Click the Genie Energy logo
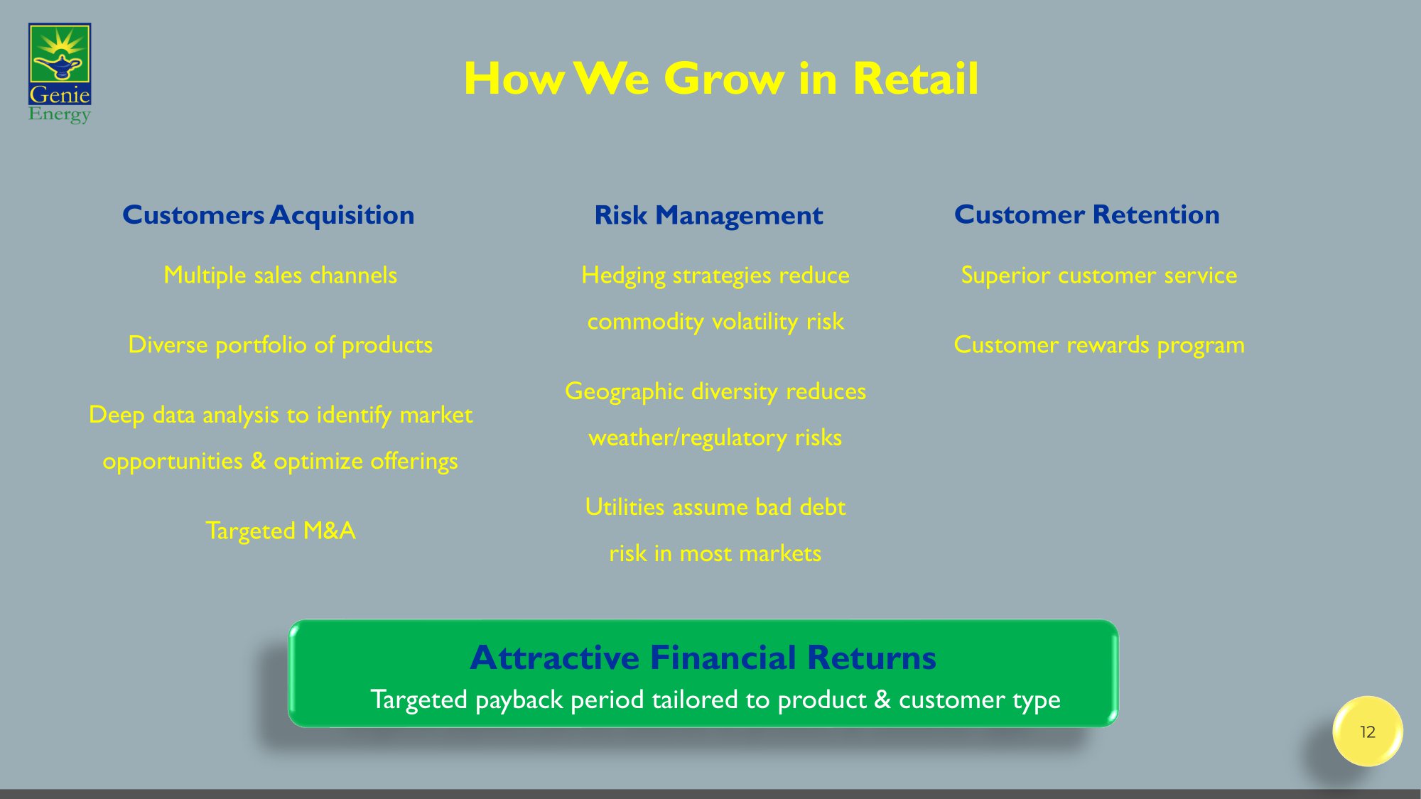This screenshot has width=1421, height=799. (60, 73)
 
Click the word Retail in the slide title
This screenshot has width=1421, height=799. (916, 78)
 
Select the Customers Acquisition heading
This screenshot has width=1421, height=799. (269, 215)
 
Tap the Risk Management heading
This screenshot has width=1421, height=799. (708, 215)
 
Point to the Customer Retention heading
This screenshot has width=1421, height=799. (1087, 214)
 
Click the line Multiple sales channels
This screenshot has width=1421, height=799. (281, 276)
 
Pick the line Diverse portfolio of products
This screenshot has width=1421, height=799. (281, 345)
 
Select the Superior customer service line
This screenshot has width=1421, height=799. (1099, 276)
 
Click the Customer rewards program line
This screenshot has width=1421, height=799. (1099, 345)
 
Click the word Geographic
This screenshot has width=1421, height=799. (624, 391)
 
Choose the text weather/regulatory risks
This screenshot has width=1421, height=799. (715, 437)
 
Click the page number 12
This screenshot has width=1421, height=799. (1368, 732)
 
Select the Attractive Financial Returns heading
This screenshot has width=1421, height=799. (703, 658)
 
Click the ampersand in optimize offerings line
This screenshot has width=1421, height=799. (259, 462)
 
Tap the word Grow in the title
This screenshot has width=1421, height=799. (725, 78)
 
